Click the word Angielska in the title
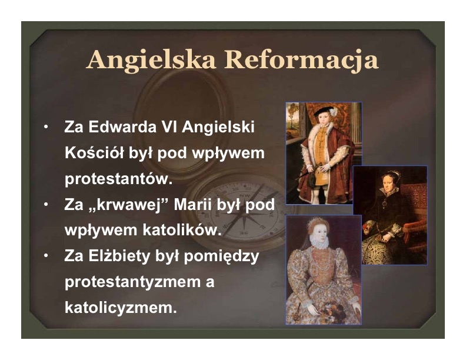151,61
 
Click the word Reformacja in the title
301,61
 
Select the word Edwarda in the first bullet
122,127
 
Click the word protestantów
119,179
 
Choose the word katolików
182,230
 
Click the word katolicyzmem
121,308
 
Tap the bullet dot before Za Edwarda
46,127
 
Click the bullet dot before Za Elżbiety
46,256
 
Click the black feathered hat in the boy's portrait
325,111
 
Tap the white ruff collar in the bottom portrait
319,241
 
